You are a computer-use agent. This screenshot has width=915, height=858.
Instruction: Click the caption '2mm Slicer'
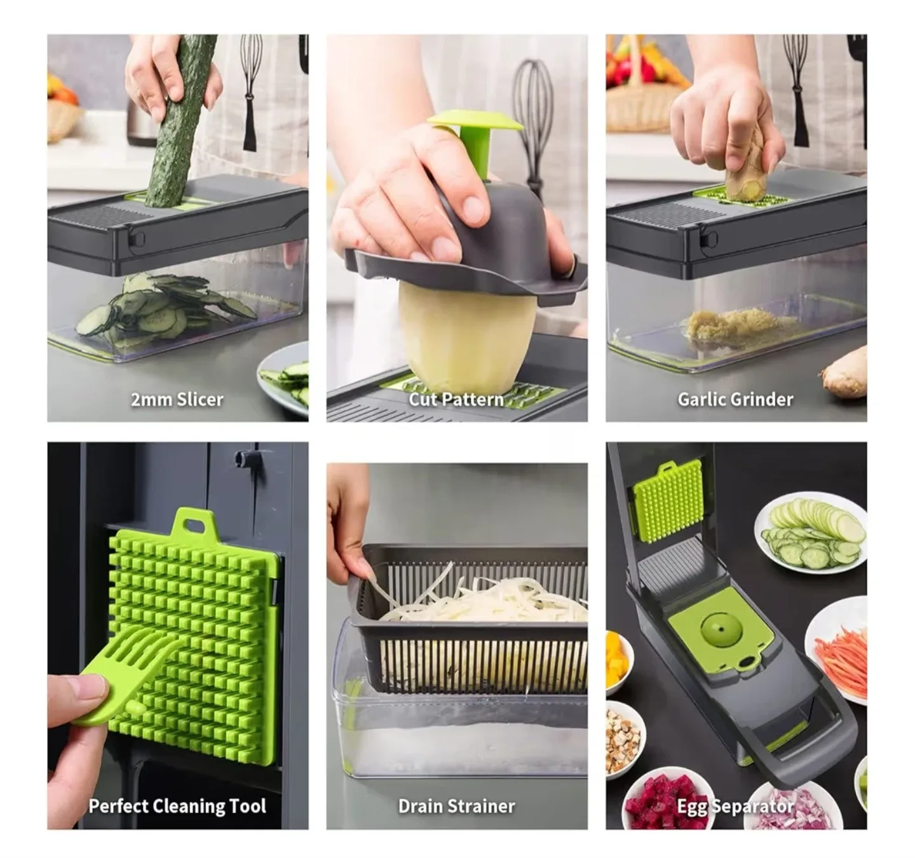[177, 400]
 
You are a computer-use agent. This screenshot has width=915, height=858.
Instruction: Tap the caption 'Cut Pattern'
[456, 400]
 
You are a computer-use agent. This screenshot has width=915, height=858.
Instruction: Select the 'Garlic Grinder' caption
[735, 400]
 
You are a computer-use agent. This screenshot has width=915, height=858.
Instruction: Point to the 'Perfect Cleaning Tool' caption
[177, 806]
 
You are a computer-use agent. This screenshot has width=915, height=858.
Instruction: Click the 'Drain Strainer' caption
[456, 806]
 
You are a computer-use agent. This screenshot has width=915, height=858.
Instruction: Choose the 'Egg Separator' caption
[735, 807]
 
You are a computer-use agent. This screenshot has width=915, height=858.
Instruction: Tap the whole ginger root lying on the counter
[845, 372]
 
